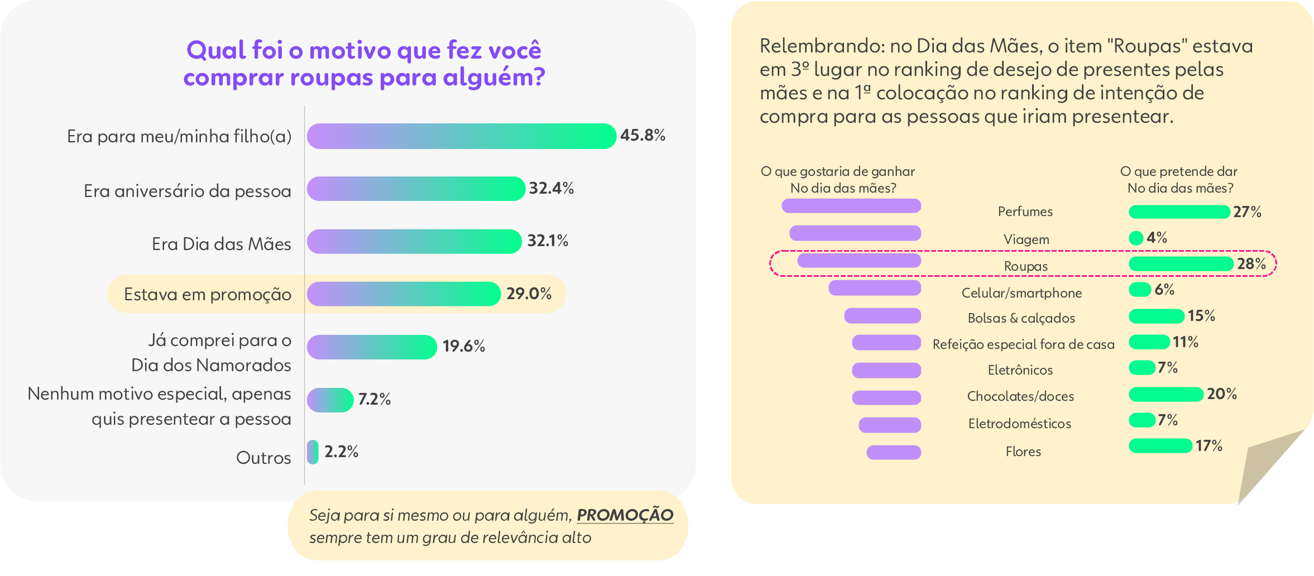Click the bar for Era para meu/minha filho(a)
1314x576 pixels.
click(461, 136)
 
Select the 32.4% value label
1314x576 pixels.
click(551, 189)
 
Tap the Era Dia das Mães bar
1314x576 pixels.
click(414, 242)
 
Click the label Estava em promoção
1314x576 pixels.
click(207, 294)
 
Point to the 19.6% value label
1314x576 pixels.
click(463, 347)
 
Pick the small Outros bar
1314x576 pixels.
click(313, 452)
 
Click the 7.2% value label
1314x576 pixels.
click(374, 400)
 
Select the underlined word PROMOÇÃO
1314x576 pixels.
click(625, 515)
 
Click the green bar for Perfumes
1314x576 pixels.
click(1179, 212)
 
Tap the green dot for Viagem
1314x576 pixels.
click(1136, 238)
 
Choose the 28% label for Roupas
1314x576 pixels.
click(1251, 264)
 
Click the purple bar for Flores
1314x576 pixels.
click(894, 452)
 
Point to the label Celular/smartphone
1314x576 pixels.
click(1022, 293)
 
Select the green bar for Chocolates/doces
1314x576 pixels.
click(1166, 395)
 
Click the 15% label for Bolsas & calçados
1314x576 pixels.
click(1201, 316)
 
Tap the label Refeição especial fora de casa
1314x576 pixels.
click(1023, 344)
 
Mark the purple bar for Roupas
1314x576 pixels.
click(859, 261)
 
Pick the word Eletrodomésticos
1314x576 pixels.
click(1020, 424)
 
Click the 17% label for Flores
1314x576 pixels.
click(1209, 446)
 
